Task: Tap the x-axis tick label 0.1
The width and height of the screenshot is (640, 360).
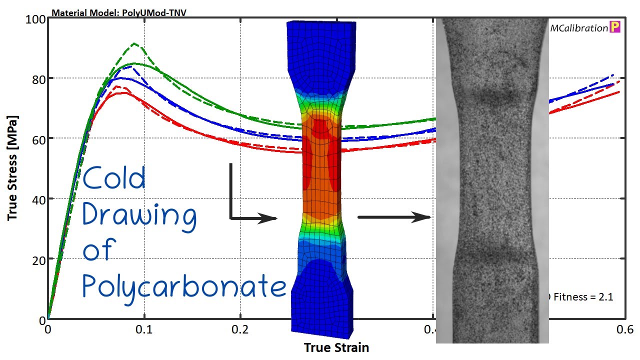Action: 144,330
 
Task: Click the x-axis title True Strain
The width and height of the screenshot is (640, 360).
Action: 336,347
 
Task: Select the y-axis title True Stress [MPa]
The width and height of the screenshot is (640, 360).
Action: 13,168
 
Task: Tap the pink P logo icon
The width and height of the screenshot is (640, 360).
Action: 615,28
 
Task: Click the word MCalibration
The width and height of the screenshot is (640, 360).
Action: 578,28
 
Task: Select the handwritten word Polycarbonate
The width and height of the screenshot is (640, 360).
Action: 183,287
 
